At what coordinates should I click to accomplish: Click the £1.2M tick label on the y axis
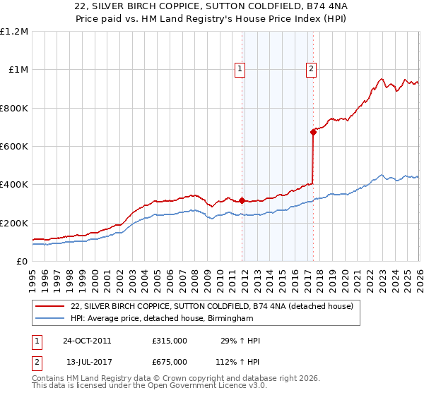[14, 32]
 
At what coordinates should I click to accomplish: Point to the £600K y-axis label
[14, 147]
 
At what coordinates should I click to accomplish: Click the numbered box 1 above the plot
[240, 69]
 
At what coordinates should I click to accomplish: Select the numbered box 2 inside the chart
[311, 69]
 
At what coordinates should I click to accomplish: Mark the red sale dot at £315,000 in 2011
[242, 201]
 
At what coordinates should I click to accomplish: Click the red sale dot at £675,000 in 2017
[313, 132]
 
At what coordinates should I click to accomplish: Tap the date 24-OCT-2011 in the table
[87, 341]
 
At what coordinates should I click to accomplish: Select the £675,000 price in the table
[170, 362]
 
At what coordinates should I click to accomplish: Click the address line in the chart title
[211, 8]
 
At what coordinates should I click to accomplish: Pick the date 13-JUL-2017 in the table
[87, 362]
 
